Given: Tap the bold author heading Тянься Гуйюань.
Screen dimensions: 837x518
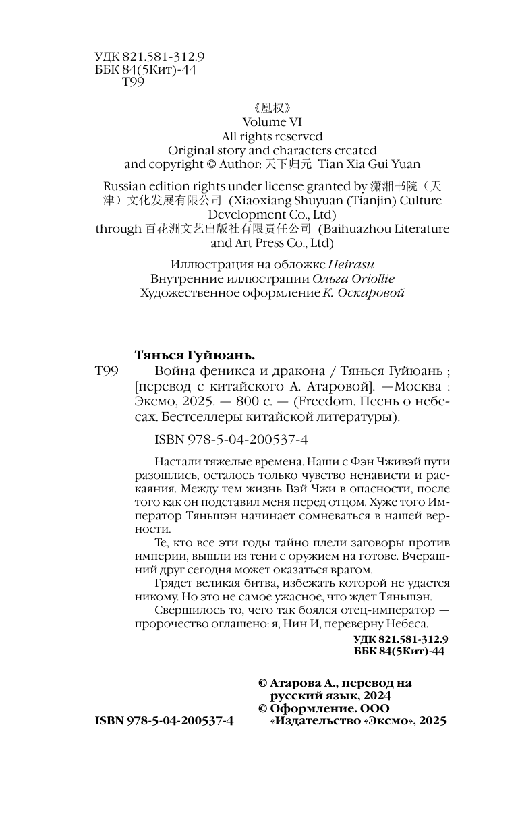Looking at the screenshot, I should tap(195, 355).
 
